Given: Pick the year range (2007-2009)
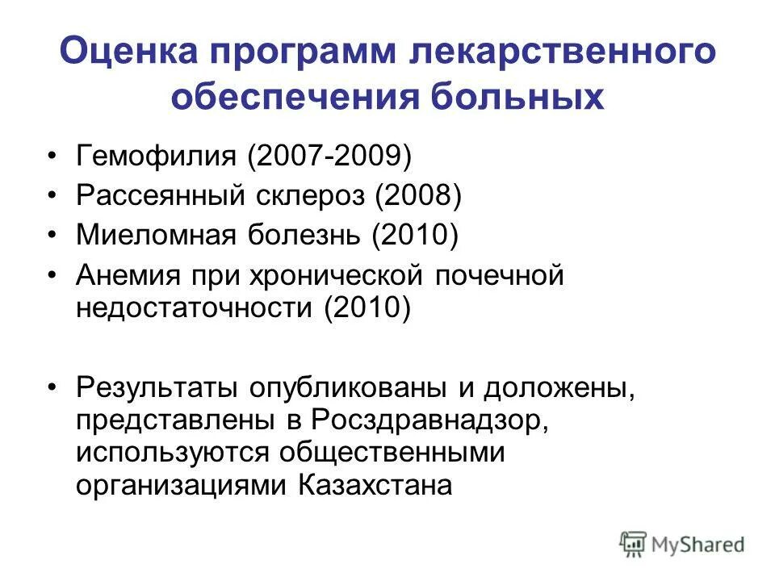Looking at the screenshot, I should [332, 155].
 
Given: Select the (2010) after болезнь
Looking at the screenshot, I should [415, 236].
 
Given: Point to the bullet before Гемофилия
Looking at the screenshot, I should [53, 155].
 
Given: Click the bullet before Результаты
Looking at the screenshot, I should [53, 387].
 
